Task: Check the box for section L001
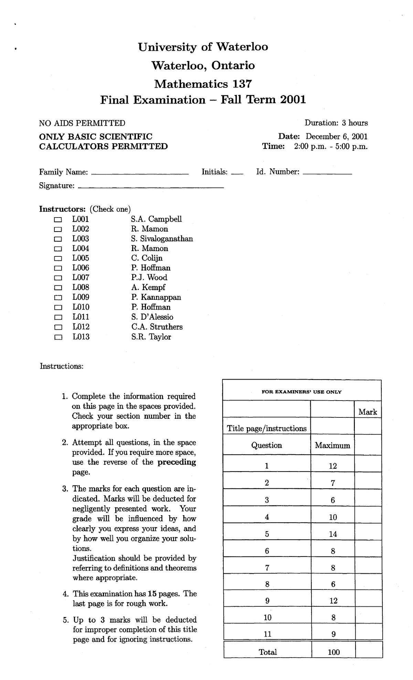pos(58,220)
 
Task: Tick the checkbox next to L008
pos(58,288)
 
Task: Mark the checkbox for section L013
pos(58,337)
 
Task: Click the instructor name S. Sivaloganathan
pos(162,239)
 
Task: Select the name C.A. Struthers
pos(157,327)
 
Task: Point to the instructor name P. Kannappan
pos(156,297)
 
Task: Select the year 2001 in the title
pos(293,100)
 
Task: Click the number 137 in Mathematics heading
pos(242,84)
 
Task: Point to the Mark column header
pos(368,412)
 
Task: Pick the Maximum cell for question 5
pos(332,534)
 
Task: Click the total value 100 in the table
pos(333,652)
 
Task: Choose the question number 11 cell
pos(267,634)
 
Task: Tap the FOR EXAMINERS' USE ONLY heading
pos(301,392)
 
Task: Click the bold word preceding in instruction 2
pos(177,462)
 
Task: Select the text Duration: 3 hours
pos(336,123)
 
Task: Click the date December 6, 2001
pos(337,136)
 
